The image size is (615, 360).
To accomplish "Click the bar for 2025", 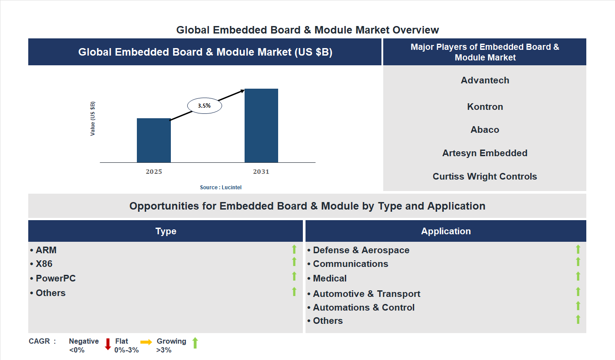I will [x=154, y=140].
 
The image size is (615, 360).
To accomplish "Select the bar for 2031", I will [x=261, y=126].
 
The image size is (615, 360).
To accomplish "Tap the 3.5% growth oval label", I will [x=204, y=106].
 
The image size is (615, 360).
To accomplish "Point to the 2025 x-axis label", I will [x=154, y=172].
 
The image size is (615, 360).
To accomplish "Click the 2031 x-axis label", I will [x=261, y=172].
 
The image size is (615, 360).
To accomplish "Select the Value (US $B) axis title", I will [x=93, y=119].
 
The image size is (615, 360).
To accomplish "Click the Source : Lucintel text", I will [x=221, y=187].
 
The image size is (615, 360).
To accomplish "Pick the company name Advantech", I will [x=485, y=80].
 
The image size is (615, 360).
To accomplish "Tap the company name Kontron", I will [x=485, y=107].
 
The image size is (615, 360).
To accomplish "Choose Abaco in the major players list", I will [x=485, y=130].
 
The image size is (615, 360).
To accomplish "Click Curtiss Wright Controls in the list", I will [x=485, y=176].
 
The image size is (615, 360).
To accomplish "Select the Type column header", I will [x=166, y=231].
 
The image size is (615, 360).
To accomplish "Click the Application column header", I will [x=446, y=231].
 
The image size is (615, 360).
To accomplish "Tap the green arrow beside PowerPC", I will [x=294, y=277].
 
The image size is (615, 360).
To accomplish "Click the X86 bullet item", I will [x=44, y=264].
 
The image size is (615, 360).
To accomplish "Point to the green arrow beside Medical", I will [x=578, y=277].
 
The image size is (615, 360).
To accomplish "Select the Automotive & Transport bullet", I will [x=366, y=294].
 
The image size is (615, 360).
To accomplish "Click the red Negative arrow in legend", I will [x=108, y=344].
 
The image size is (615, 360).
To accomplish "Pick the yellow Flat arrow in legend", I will [x=146, y=342].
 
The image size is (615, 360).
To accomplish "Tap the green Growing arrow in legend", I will [x=195, y=343].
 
